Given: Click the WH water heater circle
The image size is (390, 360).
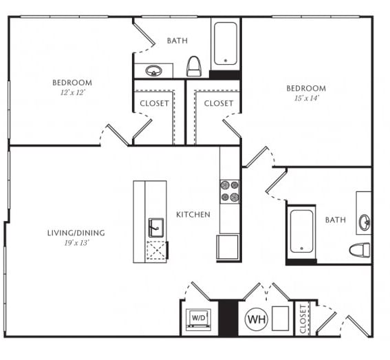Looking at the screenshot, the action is (x=257, y=319).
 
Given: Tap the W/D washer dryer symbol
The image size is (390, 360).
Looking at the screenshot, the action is (x=199, y=319).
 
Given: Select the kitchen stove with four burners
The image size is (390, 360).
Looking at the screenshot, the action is (x=230, y=191).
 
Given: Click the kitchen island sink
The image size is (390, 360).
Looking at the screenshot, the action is (x=156, y=228).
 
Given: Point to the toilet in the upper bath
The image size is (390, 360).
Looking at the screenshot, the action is (x=194, y=66).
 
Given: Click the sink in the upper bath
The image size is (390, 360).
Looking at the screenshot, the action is (x=154, y=71).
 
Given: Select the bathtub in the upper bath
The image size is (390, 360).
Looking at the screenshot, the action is (x=226, y=43).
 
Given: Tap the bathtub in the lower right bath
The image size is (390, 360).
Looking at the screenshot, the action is (x=301, y=231).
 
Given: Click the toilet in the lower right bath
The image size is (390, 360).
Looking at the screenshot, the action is (x=360, y=250).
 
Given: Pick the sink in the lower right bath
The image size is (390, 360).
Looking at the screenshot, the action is (x=365, y=222).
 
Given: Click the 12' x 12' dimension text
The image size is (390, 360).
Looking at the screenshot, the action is (x=73, y=93).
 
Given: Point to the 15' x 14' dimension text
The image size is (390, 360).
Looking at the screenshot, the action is (x=307, y=98).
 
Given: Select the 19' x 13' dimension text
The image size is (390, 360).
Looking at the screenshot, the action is (x=76, y=243).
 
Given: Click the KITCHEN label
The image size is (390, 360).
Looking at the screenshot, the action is (x=193, y=215).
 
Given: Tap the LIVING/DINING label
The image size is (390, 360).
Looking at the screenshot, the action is (x=76, y=233).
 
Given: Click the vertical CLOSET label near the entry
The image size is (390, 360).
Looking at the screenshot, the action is (x=303, y=319).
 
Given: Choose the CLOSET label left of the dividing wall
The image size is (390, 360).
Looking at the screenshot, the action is (x=154, y=103).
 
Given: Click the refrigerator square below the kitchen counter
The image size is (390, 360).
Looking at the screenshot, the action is (x=228, y=247).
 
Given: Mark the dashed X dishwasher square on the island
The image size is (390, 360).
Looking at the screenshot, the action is (x=156, y=251).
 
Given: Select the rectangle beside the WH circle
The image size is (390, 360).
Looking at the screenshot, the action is (x=281, y=319).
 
